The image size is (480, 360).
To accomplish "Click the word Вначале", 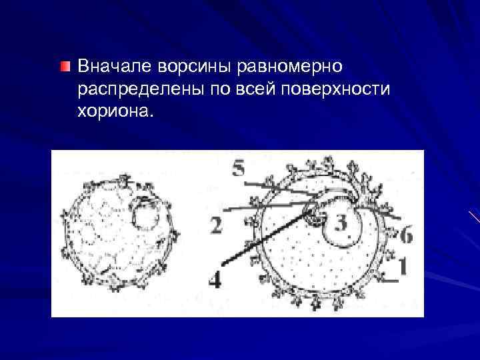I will pyautogui.click(x=114, y=67).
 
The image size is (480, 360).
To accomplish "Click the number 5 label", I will pyautogui.click(x=238, y=169).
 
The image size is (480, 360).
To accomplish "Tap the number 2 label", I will pyautogui.click(x=215, y=226).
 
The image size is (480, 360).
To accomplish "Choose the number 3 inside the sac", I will pyautogui.click(x=341, y=223).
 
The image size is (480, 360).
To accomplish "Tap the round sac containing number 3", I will pyautogui.click(x=341, y=225).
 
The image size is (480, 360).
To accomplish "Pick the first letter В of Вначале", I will pyautogui.click(x=83, y=67).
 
